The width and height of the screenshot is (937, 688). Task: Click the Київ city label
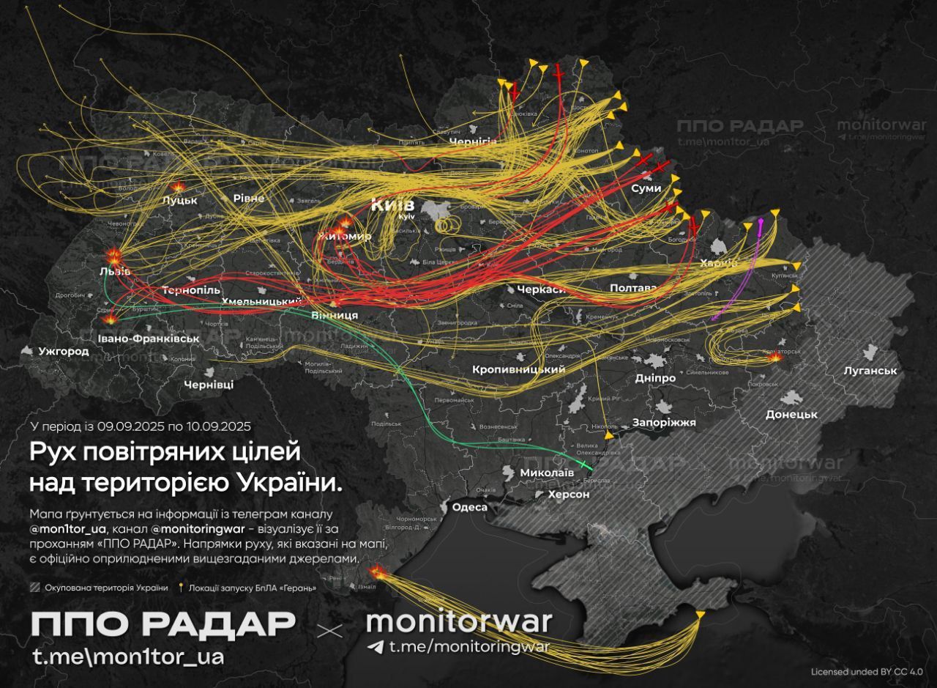[393, 205]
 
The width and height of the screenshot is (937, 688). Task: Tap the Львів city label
[115, 273]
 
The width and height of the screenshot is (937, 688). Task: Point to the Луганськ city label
[870, 371]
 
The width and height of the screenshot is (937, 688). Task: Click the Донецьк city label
[791, 415]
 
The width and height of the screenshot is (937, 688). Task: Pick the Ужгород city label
[64, 352]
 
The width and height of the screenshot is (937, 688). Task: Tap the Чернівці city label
[209, 385]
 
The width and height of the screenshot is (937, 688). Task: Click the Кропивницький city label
[519, 369]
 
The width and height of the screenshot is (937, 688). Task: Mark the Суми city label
[646, 188]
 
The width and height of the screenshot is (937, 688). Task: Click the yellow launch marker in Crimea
[701, 614]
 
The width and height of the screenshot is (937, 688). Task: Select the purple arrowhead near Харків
[761, 220]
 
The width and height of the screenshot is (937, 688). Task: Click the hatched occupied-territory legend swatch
[35, 588]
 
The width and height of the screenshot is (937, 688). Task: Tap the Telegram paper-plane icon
[376, 647]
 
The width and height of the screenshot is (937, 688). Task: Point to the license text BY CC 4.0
[899, 672]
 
